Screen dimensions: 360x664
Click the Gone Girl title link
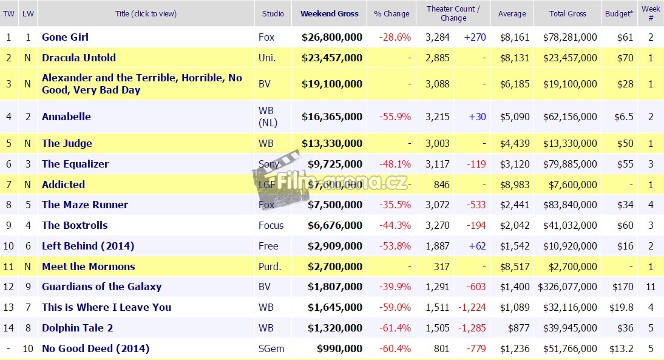[65, 37]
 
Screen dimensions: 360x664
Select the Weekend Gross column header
[330, 13]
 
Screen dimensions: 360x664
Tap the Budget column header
[618, 13]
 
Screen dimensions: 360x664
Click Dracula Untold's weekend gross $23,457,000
[332, 58]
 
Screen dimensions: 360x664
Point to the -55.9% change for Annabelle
[395, 117]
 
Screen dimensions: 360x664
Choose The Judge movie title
[67, 143]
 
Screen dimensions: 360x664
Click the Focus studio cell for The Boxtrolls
[271, 225]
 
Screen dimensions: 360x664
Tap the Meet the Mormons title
[88, 267]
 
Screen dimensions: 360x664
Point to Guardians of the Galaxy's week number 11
[651, 287]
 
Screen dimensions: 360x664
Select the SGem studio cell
[271, 348]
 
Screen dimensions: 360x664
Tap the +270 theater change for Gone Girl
[475, 37]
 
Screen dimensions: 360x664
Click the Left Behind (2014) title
[88, 246]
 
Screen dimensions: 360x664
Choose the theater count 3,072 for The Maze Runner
[438, 205]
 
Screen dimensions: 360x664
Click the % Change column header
[391, 13]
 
